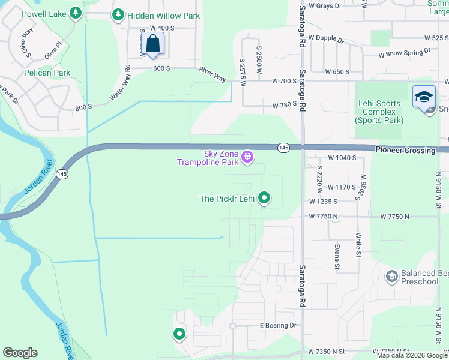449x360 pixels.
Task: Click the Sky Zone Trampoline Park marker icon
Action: (x=247, y=158)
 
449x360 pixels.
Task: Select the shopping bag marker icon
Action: (x=154, y=44)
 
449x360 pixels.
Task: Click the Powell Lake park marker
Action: (x=75, y=12)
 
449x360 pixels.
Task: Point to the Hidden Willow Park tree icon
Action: (x=118, y=14)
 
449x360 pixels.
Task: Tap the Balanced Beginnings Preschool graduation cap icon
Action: (x=392, y=277)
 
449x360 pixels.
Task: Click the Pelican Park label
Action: (x=47, y=73)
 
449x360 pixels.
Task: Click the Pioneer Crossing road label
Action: (x=405, y=150)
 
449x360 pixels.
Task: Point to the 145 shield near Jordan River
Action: (x=61, y=173)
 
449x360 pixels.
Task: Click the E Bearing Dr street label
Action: (x=278, y=325)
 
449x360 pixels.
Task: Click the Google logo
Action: (x=20, y=353)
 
